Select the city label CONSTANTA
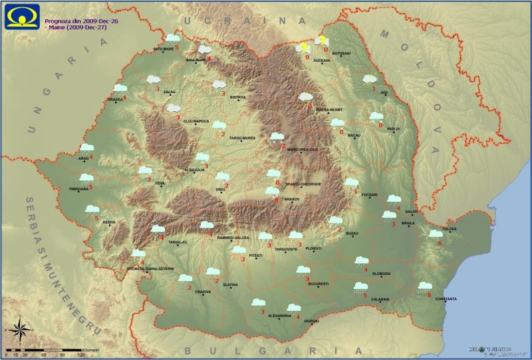[446, 299]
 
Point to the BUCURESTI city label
[319, 283]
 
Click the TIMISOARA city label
[78, 189]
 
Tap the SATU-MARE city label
[163, 49]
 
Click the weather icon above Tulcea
[436, 234]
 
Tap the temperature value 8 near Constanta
[429, 295]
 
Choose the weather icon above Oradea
[120, 88]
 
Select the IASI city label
[384, 93]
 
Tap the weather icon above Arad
[86, 148]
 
